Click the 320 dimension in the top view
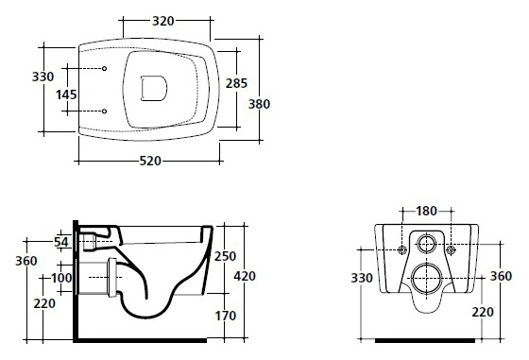163,21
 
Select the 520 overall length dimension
150,161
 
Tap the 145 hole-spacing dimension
66,94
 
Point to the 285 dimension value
236,83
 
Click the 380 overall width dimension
259,104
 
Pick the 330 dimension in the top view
43,77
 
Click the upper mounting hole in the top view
104,68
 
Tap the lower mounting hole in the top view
104,111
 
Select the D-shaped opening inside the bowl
153,89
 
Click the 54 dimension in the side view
61,242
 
